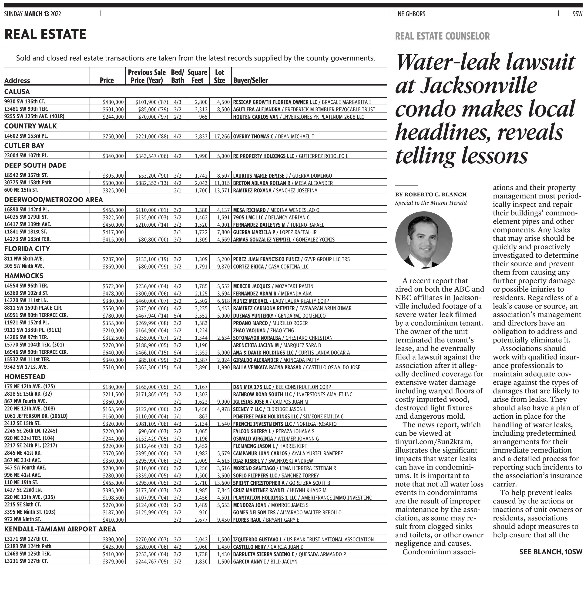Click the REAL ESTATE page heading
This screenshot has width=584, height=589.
45,34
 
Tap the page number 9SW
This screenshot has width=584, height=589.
577,14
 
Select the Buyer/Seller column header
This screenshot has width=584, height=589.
250,80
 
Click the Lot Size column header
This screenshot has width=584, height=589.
219,76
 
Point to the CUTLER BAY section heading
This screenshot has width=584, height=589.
24,146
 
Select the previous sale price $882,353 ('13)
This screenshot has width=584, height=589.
152,183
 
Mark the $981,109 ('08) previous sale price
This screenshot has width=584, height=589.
152,424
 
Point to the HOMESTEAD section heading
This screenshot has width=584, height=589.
25,377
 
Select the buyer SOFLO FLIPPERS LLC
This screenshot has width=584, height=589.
255,476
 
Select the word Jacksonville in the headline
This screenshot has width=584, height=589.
478,86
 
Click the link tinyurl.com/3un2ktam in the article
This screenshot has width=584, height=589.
433,442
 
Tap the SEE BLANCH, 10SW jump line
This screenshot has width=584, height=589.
550,552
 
